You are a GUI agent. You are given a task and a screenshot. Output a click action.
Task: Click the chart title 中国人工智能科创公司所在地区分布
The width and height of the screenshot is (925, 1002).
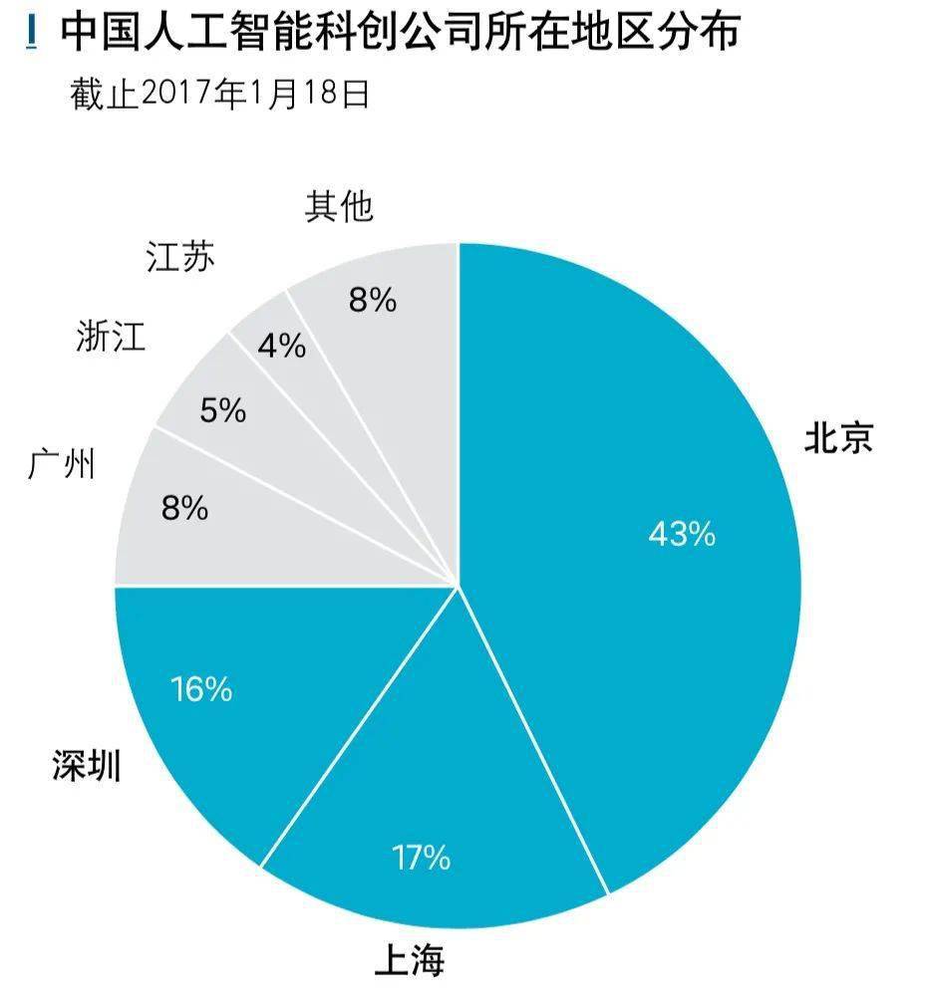pos(399,32)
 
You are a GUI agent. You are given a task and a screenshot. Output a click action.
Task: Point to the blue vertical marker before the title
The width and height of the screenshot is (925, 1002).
pos(35,33)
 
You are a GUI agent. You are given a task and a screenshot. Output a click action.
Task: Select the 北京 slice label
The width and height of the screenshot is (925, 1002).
pos(838,438)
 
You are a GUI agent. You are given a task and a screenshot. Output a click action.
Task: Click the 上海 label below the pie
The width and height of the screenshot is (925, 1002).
pos(409,960)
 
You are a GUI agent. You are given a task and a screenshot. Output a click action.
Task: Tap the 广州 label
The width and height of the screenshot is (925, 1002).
pos(62,464)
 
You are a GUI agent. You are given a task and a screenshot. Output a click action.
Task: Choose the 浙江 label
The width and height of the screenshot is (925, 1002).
pos(111,337)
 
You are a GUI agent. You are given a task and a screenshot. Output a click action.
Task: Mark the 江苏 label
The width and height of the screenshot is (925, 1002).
pos(179,258)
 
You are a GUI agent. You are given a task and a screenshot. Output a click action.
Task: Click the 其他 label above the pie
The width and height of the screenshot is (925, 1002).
pos(339,206)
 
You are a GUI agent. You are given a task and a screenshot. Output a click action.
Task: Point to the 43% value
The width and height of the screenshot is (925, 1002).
pos(682,534)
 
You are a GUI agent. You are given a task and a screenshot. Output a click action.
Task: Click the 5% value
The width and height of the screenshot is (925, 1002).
pos(222,410)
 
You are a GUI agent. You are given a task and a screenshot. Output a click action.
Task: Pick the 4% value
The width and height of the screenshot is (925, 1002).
pos(281,346)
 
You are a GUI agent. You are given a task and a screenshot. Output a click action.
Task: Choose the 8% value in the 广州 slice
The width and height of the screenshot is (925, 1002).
pos(184,509)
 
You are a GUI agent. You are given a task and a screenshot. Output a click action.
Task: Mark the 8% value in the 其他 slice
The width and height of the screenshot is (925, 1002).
pos(372,300)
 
